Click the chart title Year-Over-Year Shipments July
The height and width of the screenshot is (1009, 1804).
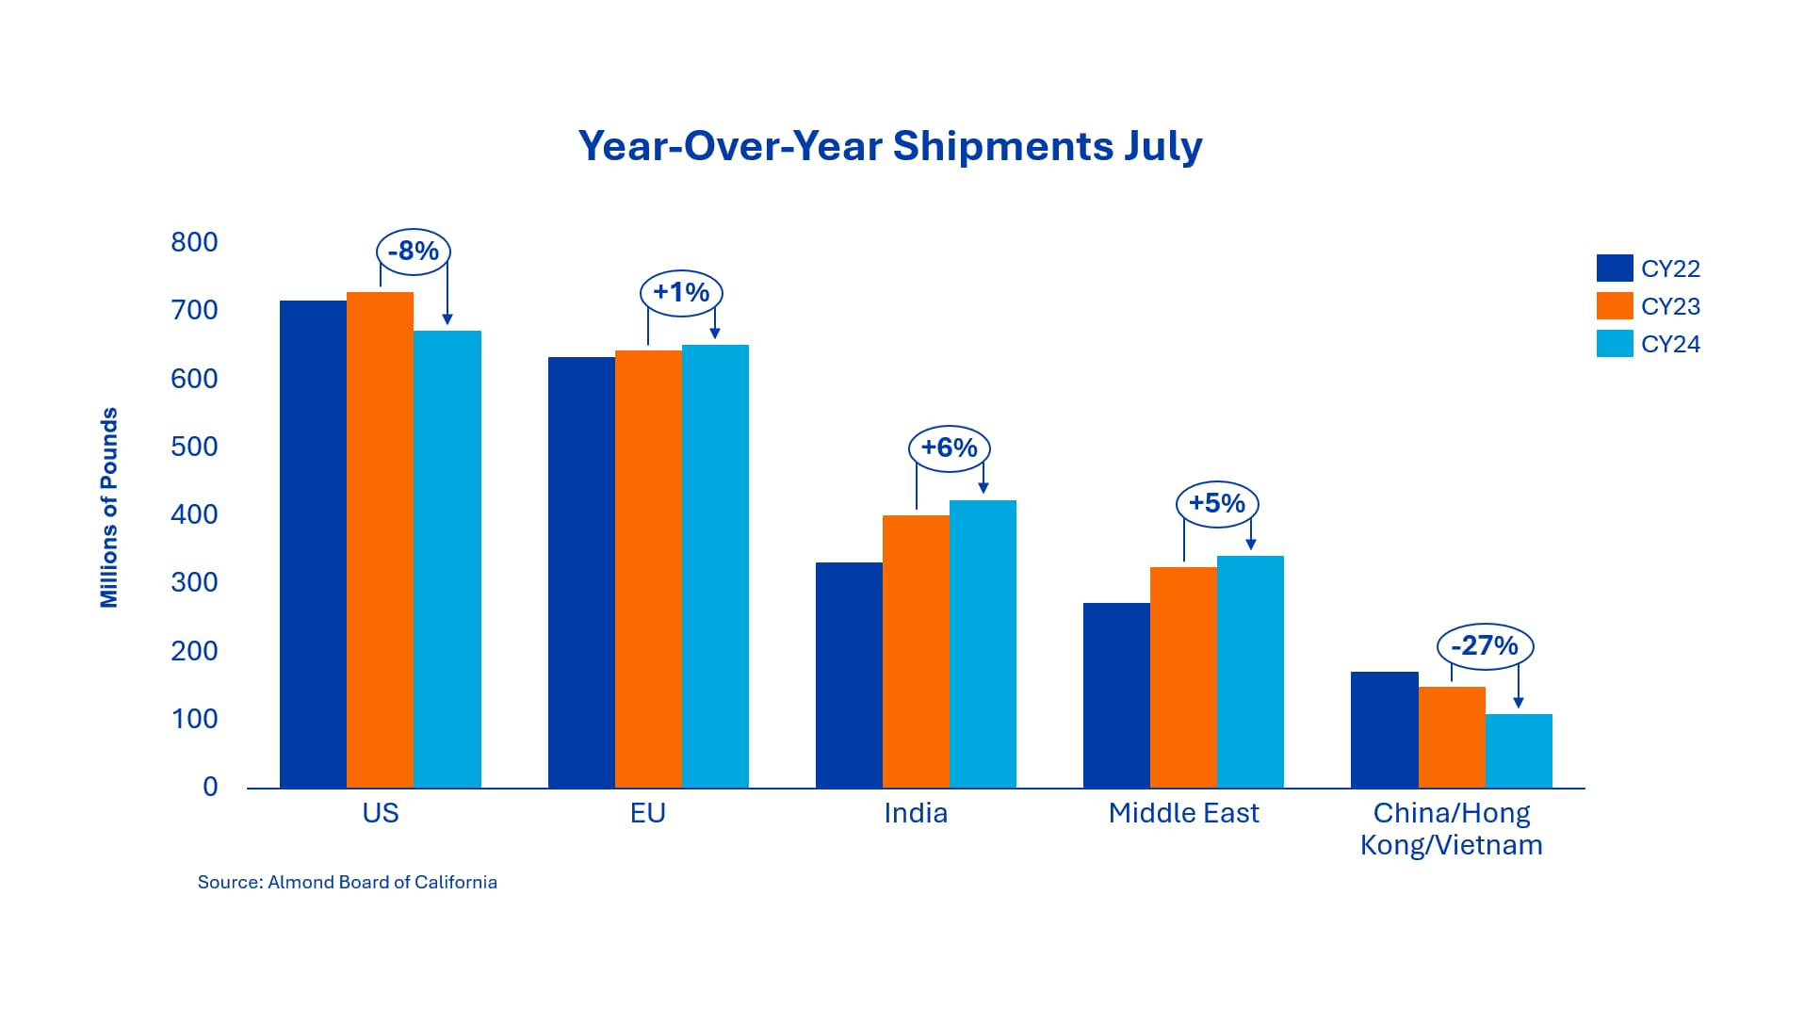890,147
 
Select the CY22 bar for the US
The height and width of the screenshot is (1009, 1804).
313,544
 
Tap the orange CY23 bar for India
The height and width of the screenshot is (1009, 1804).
916,651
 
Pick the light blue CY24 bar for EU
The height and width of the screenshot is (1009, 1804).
715,566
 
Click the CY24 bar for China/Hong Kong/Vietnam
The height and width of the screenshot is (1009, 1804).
1519,751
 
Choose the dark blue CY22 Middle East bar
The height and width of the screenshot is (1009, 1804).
1116,695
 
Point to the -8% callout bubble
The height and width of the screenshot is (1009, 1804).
414,252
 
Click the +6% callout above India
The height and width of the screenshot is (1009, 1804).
950,448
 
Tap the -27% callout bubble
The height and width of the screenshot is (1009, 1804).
1485,646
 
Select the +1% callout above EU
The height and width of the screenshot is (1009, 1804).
681,292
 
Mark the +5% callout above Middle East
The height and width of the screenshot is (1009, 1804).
1217,503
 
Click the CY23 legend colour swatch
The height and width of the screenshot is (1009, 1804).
1615,306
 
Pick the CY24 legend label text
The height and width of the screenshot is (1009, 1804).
1670,345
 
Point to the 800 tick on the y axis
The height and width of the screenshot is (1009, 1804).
194,243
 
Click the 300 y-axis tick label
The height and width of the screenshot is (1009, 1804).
194,583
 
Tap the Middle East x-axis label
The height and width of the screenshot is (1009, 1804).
1183,813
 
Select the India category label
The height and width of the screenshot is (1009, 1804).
916,813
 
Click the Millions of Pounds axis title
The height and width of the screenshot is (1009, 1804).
109,508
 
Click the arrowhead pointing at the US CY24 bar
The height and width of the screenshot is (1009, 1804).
447,320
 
